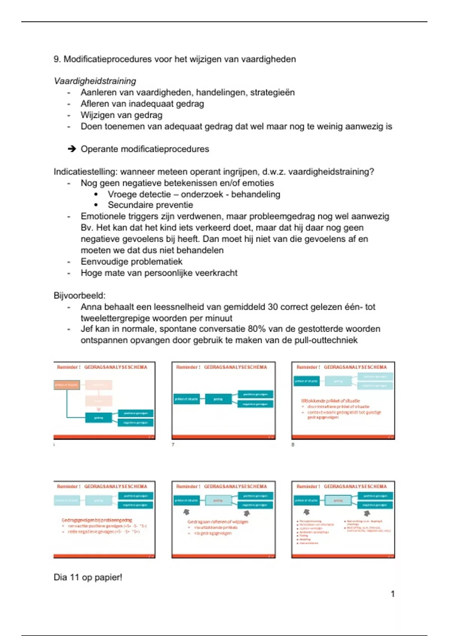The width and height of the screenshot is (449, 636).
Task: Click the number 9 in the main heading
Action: coord(56,59)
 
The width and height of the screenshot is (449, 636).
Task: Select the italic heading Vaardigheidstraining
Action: coord(95,81)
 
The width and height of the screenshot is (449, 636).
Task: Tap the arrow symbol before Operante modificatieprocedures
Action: coord(71,149)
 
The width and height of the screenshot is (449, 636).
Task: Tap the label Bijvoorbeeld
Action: coord(79,296)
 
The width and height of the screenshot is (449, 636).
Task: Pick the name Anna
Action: coord(91,307)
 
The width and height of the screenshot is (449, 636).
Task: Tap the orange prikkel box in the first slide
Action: coord(67,385)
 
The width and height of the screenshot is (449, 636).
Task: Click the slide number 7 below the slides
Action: coord(173,444)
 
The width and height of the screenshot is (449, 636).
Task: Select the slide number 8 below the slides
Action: coord(293,444)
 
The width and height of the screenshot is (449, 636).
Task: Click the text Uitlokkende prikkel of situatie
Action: coord(330,401)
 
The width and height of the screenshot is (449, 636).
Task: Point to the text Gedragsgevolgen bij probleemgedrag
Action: coord(97,520)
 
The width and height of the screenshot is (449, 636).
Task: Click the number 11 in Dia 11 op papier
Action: coord(74,577)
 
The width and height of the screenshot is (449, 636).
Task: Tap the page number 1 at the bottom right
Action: coord(393,594)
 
